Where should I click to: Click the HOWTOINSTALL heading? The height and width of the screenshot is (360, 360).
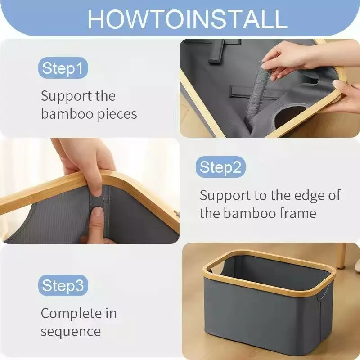pyautogui.click(x=187, y=19)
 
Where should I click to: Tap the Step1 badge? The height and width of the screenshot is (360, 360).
pyautogui.click(x=63, y=68)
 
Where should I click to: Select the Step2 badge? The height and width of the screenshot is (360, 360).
pyautogui.click(x=220, y=167)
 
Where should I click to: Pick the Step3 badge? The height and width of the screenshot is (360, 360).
pyautogui.click(x=63, y=285)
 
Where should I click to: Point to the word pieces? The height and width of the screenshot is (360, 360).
pyautogui.click(x=117, y=115)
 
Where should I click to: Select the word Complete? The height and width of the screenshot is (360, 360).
pyautogui.click(x=71, y=314)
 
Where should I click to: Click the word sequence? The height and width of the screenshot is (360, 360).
pyautogui.click(x=71, y=332)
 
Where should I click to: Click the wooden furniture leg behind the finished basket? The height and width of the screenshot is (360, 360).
pyautogui.click(x=341, y=256)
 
